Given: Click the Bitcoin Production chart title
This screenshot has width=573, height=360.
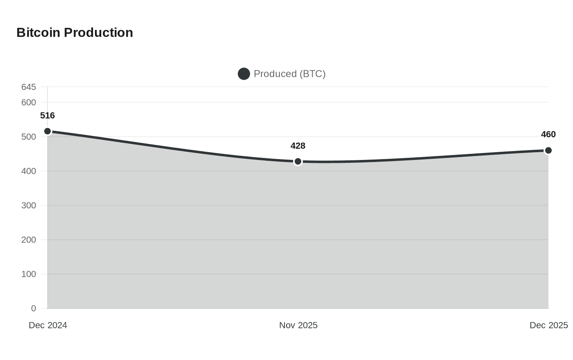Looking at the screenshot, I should [x=74, y=32].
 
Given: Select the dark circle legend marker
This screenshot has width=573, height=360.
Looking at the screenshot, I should [x=244, y=74].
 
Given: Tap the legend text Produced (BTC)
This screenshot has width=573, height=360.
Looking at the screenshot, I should [x=289, y=74].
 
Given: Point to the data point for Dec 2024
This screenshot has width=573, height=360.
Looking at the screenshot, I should [x=47, y=131].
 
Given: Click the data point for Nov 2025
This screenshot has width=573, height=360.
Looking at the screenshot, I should [x=298, y=162].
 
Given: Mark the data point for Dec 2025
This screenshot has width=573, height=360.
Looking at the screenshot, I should [x=548, y=151].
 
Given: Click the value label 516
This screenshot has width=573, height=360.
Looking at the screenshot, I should [x=47, y=116].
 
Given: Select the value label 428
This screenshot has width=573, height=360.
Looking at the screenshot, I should [x=298, y=146].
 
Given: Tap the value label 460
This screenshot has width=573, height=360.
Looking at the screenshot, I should [x=548, y=135].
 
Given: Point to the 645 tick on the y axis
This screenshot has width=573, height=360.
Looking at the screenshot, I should [x=29, y=87].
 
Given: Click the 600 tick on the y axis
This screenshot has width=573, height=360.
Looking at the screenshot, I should [x=29, y=103].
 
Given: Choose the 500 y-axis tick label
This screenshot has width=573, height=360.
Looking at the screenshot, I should [x=29, y=137].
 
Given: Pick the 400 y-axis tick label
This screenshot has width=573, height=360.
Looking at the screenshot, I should [x=29, y=171].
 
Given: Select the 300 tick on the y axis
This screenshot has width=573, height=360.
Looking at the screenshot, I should [x=29, y=206].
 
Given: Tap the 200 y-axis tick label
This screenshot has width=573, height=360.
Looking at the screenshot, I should [x=29, y=240].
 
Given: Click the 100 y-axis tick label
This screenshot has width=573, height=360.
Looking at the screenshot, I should [x=29, y=274].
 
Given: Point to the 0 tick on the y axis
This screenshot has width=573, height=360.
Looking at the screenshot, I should [x=34, y=308].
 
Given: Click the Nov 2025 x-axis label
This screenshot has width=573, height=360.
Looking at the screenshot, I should [x=298, y=325].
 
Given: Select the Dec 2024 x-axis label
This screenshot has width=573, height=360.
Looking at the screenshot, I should [x=48, y=325].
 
